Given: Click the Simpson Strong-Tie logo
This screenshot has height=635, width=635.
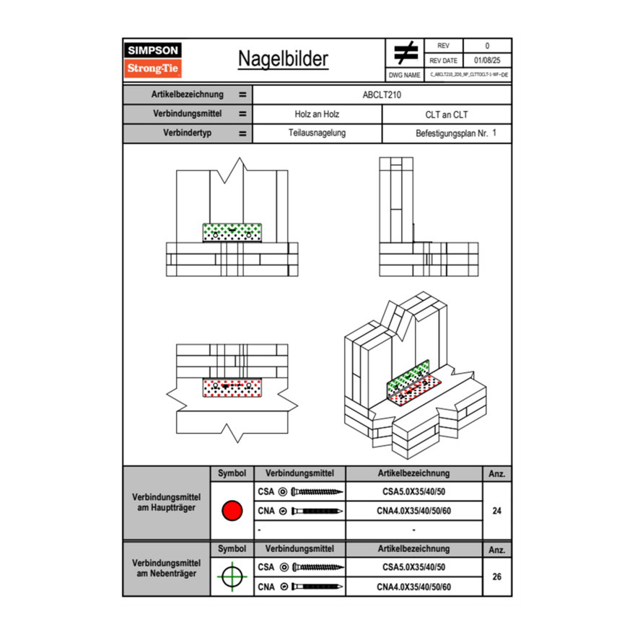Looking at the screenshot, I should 153,60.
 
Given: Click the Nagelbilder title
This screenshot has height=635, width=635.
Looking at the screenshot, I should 283,59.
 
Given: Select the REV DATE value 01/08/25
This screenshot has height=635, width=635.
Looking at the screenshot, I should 487,61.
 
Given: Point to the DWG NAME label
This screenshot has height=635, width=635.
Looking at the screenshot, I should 404,75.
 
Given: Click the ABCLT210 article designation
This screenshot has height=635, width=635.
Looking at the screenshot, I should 382,95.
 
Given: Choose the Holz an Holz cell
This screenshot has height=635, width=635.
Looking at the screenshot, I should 317,114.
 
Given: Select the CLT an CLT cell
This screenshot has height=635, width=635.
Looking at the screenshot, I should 447,114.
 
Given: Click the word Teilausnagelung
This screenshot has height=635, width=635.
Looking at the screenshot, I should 317,133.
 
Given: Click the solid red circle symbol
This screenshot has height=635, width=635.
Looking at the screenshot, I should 232,511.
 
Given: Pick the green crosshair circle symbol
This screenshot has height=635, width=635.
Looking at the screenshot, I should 232,577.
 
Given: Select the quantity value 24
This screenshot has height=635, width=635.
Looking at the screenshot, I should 496,511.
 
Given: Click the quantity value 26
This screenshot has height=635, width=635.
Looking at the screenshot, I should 496,577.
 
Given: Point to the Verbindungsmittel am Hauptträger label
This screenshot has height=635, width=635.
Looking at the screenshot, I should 167,503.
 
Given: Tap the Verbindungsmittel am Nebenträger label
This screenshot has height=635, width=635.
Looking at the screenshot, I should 167,569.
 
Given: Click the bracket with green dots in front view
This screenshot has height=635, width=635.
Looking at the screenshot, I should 232,232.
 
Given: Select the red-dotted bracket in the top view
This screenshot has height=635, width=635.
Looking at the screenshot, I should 232,387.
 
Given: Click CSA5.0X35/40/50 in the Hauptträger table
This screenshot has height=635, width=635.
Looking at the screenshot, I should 413,492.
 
